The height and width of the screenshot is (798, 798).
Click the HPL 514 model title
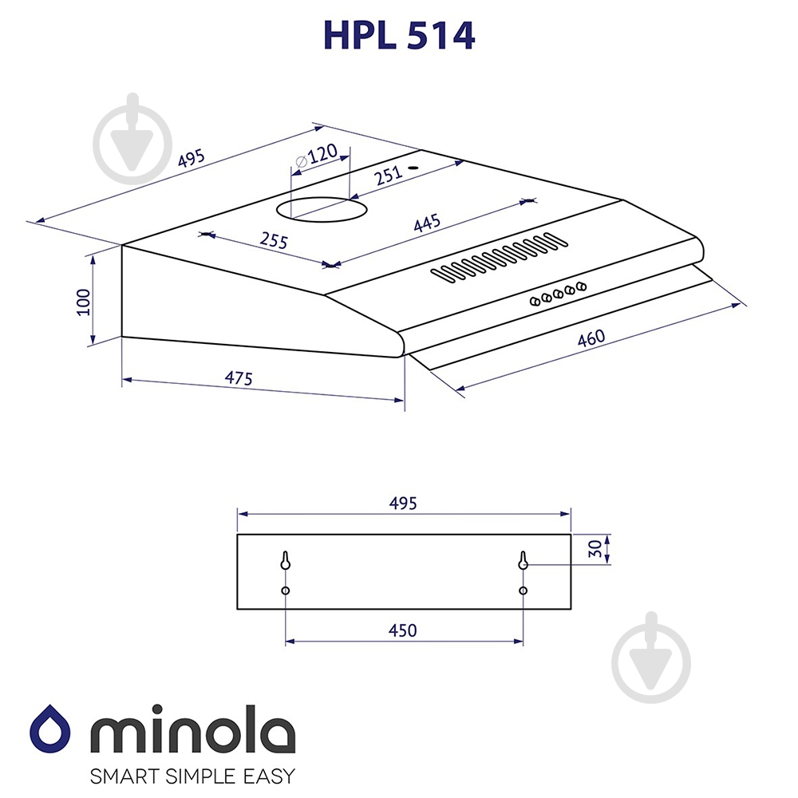(x=399, y=35)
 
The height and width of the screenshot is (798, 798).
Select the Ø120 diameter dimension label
(x=317, y=155)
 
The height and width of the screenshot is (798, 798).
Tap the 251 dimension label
(x=389, y=175)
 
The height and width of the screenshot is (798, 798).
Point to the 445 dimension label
(x=426, y=223)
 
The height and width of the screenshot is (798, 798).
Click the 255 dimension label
(x=274, y=240)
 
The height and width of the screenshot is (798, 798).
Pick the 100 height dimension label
(x=83, y=302)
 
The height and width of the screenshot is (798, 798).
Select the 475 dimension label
(x=238, y=378)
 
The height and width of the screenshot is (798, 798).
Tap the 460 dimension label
(x=591, y=338)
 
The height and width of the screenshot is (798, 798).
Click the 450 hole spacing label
(x=402, y=630)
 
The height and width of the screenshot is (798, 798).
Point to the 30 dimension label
(x=595, y=549)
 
